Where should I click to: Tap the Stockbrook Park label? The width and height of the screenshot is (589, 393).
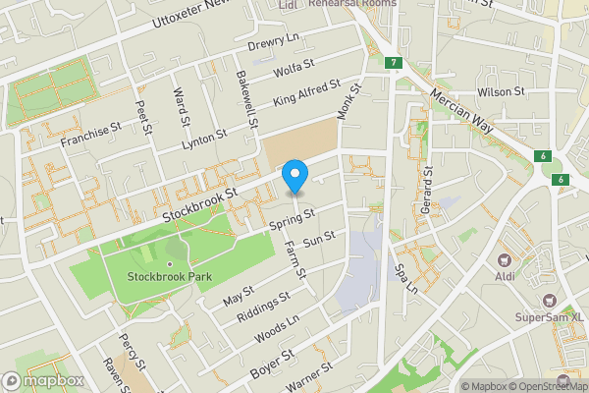(x=171, y=277)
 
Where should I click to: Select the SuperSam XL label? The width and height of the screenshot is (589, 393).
(x=550, y=317)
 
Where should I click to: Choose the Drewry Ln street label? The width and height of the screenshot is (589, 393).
(x=272, y=43)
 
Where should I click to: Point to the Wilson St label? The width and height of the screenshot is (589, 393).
(x=502, y=91)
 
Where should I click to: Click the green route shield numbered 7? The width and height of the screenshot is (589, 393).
(x=393, y=63)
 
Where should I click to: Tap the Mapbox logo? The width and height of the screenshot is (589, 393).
(x=43, y=380)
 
